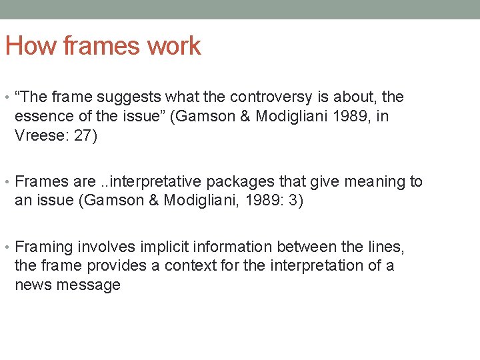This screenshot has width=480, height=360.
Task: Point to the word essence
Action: [x=39, y=116]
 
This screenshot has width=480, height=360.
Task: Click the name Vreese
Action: [x=37, y=135]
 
